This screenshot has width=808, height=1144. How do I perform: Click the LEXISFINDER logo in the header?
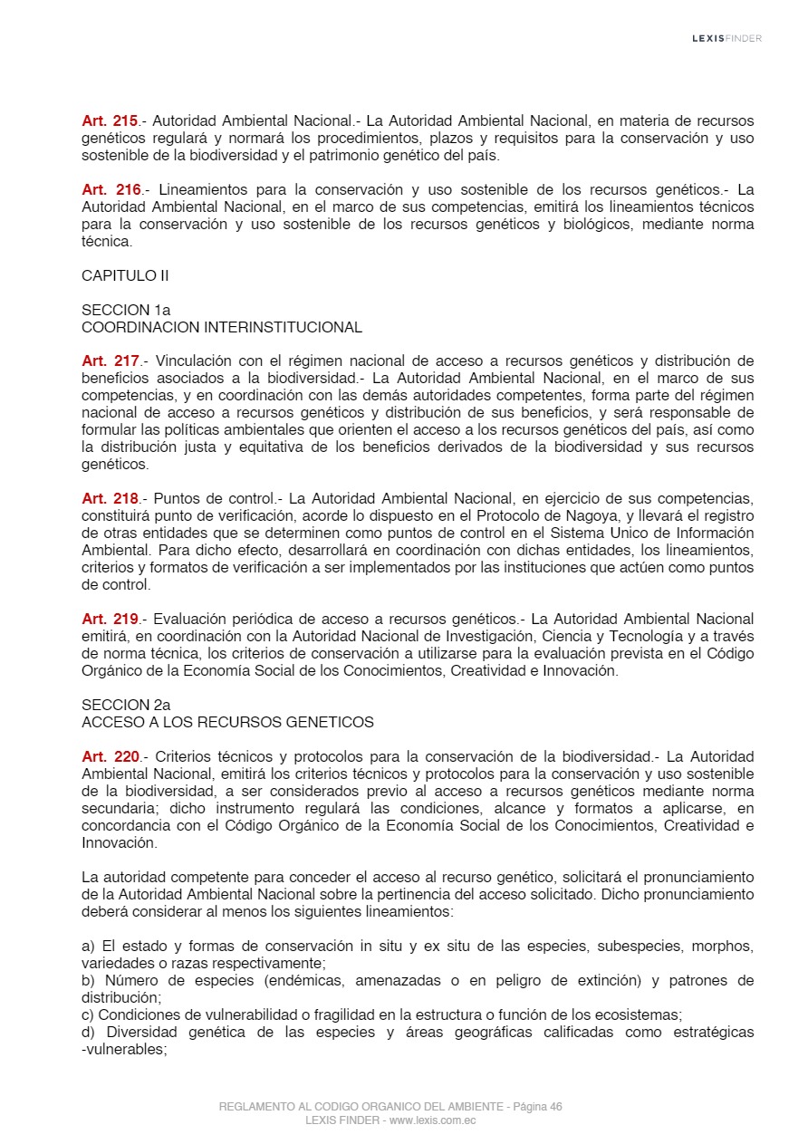point(726,38)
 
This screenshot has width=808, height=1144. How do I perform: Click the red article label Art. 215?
point(110,121)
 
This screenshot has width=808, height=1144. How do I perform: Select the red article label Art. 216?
point(110,190)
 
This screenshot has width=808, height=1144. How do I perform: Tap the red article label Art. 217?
point(110,361)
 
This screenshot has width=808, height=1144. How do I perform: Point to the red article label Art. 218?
point(110,499)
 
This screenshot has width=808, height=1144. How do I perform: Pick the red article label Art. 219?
point(110,620)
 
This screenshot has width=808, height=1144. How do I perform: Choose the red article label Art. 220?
point(110,757)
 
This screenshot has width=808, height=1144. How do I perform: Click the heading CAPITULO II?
point(125,276)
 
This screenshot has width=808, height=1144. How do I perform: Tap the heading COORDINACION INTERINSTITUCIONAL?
point(222,328)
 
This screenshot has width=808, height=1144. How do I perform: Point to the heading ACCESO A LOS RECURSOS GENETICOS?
point(227,723)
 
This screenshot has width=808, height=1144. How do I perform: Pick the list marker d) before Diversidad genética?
point(89,1033)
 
